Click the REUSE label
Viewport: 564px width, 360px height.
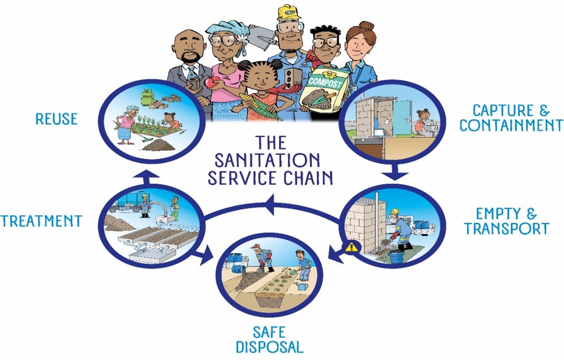point(56,119)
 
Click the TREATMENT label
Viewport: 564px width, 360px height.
point(41,221)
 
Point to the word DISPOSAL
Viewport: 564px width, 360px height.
point(269,347)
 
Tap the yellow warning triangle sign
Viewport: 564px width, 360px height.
point(351,247)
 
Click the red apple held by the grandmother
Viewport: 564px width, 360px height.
point(209,82)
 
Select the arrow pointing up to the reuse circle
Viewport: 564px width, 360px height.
point(144,176)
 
